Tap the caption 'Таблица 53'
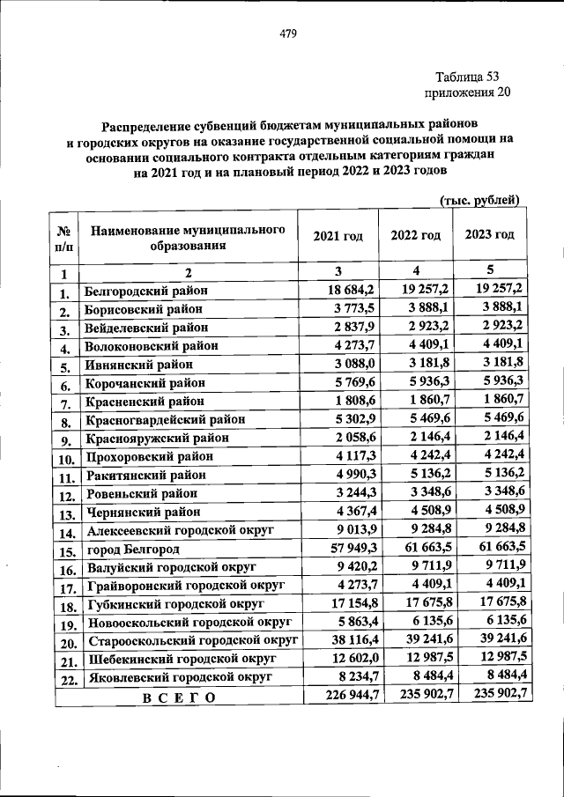pyautogui.click(x=467, y=76)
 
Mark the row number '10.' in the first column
pyautogui.click(x=64, y=458)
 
